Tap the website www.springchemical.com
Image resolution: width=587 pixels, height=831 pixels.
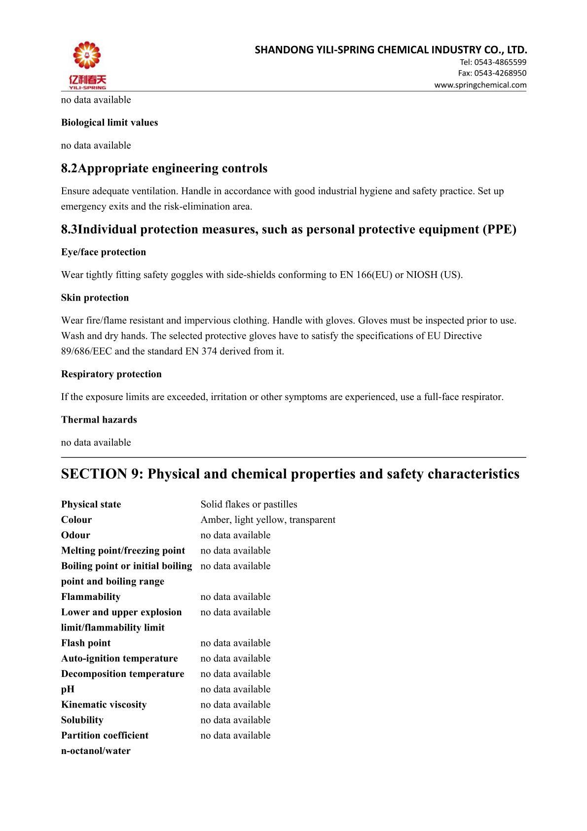[480, 85]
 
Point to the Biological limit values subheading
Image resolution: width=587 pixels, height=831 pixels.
[110, 122]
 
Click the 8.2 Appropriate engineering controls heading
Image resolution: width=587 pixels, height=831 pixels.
[164, 168]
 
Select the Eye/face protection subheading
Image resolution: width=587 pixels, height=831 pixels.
[104, 252]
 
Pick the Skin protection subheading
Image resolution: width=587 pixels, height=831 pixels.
[95, 298]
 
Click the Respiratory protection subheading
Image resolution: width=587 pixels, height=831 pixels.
[111, 374]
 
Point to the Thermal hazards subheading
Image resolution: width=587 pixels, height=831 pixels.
[99, 420]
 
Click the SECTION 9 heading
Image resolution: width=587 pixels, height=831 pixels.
[290, 474]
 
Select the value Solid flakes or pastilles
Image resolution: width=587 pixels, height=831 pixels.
[249, 504]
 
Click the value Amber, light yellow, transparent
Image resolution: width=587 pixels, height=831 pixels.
[268, 519]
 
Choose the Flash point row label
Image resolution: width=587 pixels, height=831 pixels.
[86, 643]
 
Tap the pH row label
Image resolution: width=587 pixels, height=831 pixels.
[68, 689]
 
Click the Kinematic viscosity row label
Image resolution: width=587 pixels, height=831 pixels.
[104, 705]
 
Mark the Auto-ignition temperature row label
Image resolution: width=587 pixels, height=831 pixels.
[119, 658]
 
